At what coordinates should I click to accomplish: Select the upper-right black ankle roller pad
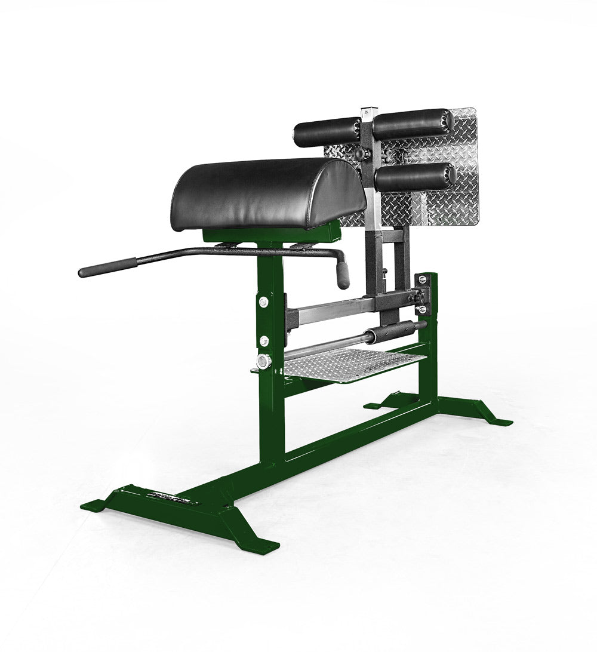click(x=412, y=123)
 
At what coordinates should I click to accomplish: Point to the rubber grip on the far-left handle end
click(x=107, y=266)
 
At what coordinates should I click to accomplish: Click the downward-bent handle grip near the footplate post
click(x=343, y=275)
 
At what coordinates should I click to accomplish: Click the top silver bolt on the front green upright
click(x=262, y=302)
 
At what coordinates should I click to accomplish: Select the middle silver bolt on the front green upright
click(x=263, y=340)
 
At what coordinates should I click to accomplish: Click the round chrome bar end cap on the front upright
click(x=263, y=361)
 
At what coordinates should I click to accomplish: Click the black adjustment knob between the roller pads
click(x=359, y=153)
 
